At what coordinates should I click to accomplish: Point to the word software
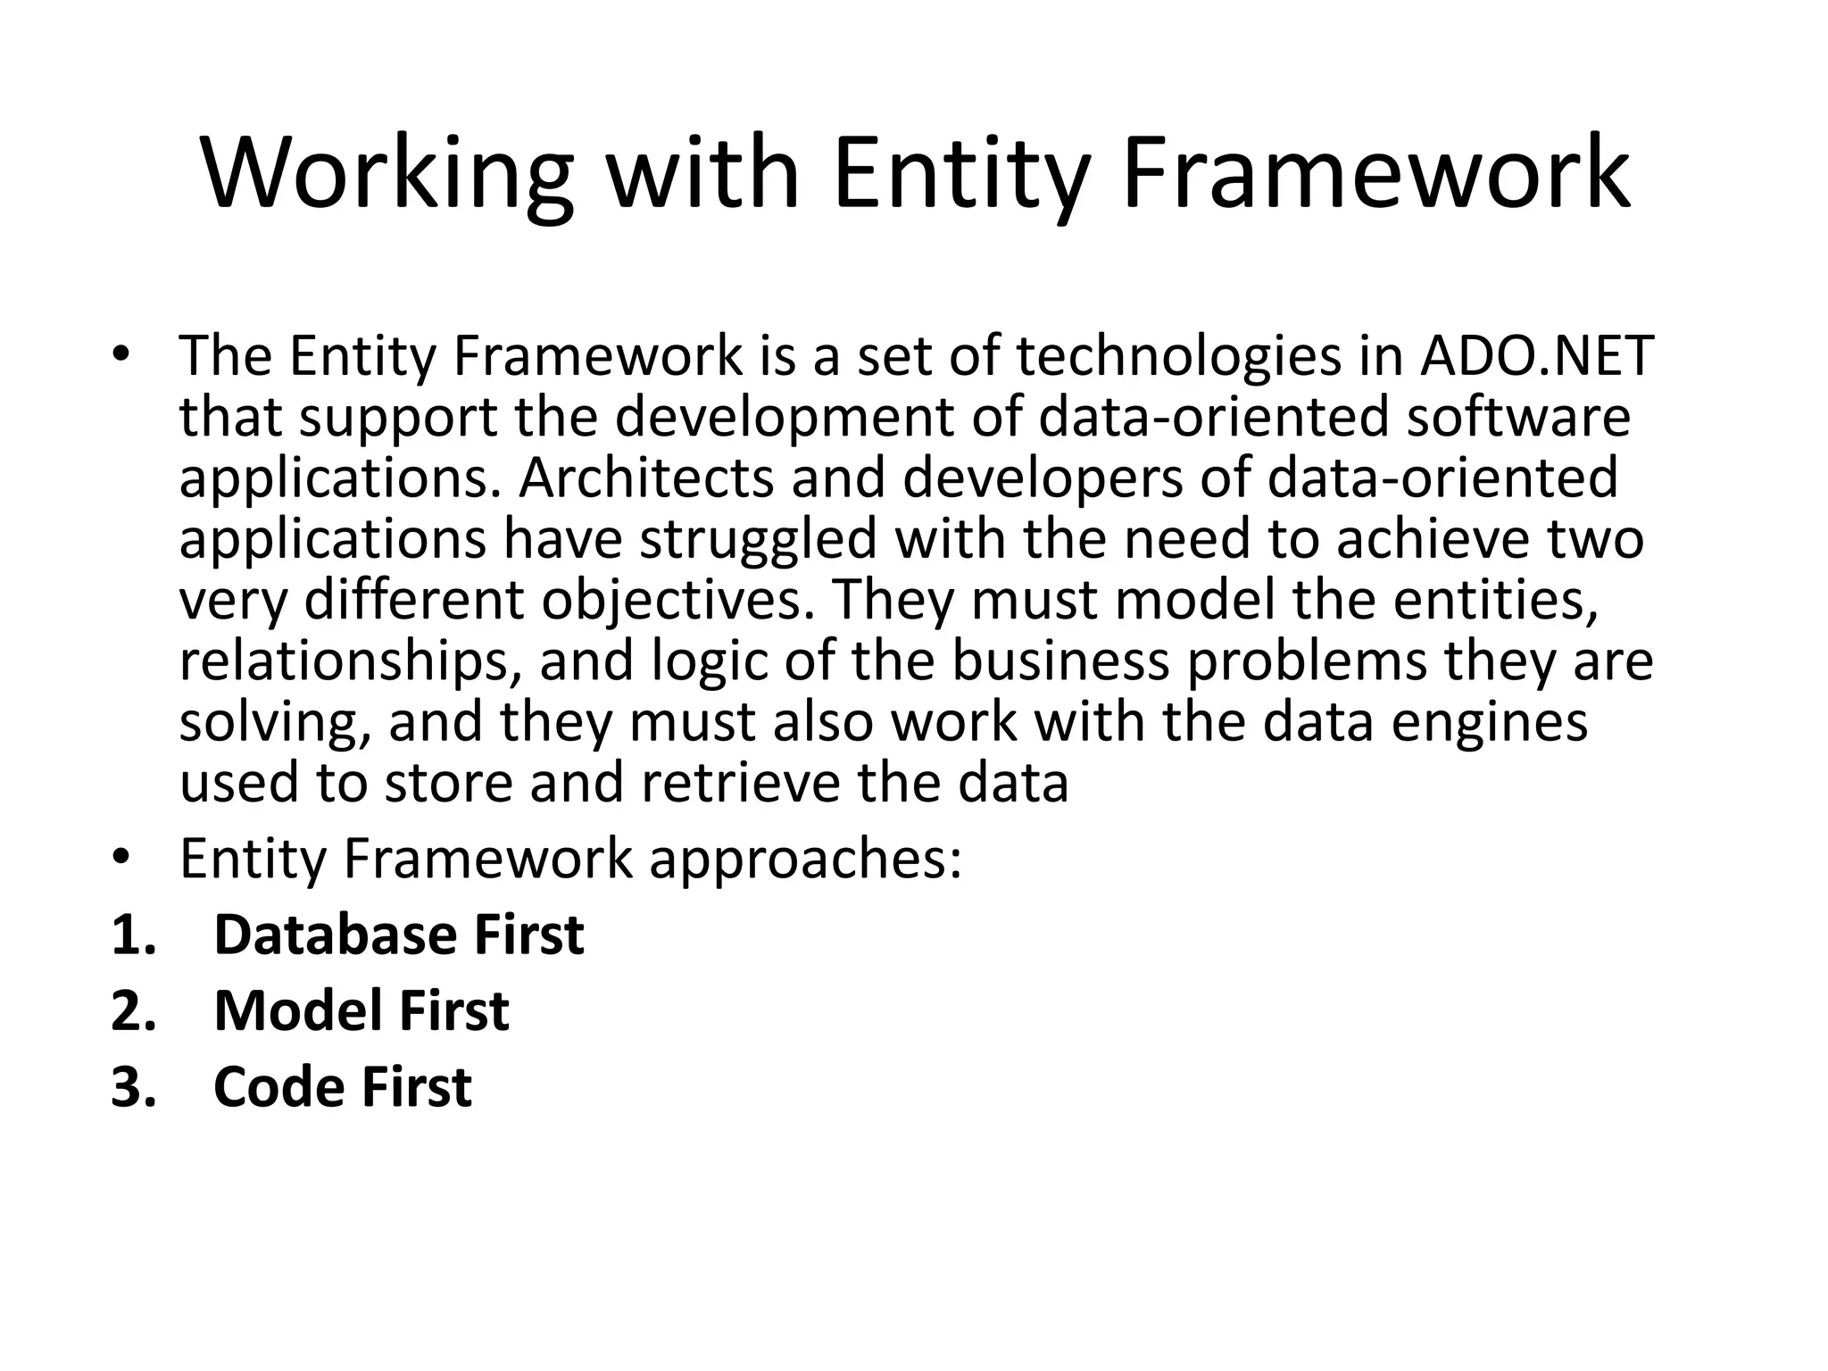[1518, 417]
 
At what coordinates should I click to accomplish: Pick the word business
[1059, 661]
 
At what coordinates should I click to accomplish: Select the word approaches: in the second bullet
[806, 860]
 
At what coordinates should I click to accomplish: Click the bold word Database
[335, 935]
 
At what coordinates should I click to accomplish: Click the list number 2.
[133, 1011]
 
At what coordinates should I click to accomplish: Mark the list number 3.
[133, 1087]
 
